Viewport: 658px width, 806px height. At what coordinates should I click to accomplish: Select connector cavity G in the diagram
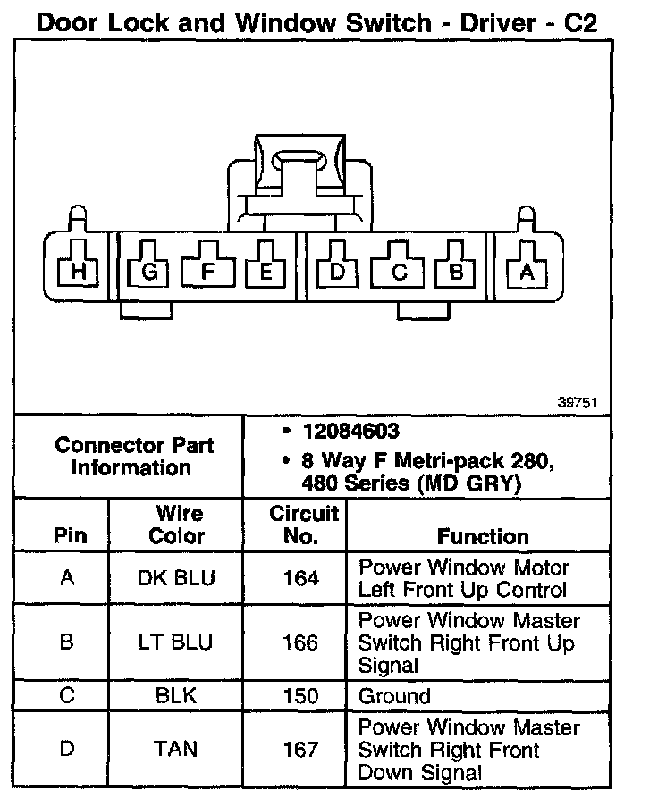coord(149,271)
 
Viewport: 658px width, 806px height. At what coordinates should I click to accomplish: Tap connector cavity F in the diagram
coord(207,270)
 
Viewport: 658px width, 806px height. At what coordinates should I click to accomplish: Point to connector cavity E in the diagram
coord(266,270)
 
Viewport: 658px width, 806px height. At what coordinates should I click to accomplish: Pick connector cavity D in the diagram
coord(337,270)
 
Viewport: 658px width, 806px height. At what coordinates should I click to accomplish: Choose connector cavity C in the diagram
coord(400,272)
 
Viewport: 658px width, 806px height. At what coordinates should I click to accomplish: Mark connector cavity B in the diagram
coord(456,271)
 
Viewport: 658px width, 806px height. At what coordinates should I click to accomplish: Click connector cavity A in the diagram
coord(527,272)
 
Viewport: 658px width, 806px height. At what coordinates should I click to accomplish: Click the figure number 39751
coord(578,402)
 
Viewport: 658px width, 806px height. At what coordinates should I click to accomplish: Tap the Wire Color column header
coord(177,525)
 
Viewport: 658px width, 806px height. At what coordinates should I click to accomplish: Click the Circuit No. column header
coord(302,525)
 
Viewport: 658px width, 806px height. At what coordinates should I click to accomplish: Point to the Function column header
coord(483,536)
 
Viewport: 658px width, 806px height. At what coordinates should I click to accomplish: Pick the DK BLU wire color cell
coord(177,578)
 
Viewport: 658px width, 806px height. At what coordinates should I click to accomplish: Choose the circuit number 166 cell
coord(300,642)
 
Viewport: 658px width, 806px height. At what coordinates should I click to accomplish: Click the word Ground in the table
coord(394,696)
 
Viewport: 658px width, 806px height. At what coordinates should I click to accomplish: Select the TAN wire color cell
coord(177,749)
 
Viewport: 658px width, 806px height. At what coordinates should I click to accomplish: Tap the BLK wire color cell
coord(177,696)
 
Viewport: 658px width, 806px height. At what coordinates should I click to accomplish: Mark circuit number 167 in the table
coord(300,749)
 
